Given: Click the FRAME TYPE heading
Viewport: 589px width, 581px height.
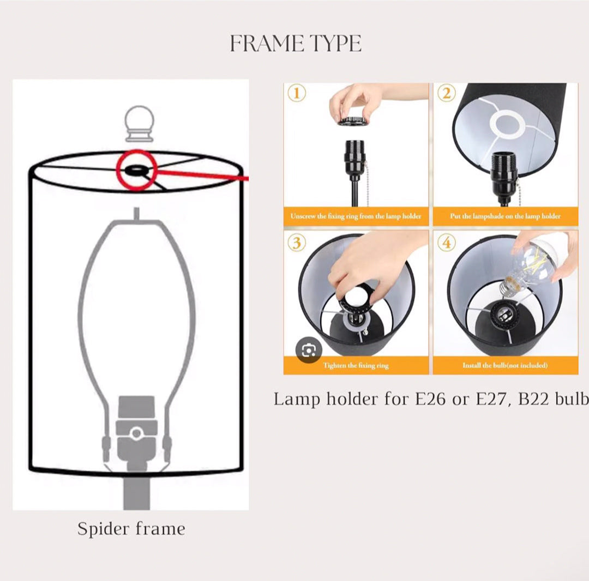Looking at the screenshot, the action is (x=296, y=43).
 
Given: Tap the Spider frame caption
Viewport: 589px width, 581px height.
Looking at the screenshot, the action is (x=131, y=529).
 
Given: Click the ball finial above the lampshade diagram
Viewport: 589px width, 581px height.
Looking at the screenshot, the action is (x=140, y=124).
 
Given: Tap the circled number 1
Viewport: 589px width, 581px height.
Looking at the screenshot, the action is (x=297, y=93).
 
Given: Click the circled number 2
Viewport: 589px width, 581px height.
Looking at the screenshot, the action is (x=446, y=93).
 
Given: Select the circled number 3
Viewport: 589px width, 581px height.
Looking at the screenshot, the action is (x=297, y=243).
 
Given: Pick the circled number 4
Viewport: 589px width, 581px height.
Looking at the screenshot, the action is (x=446, y=243).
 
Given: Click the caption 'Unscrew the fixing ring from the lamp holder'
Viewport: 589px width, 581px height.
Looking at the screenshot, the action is (x=356, y=216).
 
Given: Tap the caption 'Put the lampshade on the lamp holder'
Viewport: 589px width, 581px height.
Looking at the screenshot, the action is (x=505, y=216).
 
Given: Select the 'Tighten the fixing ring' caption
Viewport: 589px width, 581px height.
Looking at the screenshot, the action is (x=356, y=365).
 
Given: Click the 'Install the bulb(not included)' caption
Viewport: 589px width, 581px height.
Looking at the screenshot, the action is (x=505, y=365).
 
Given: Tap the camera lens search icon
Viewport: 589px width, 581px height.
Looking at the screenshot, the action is (x=308, y=350).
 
